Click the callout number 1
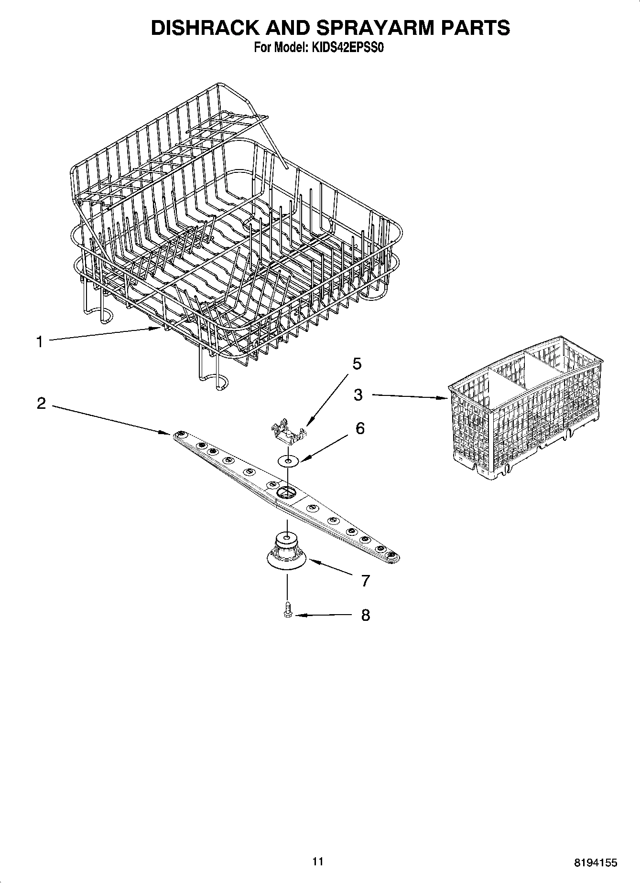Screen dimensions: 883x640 [x=40, y=341]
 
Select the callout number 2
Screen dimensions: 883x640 [x=42, y=404]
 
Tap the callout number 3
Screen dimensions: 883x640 [x=358, y=394]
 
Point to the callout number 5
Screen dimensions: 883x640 [x=357, y=364]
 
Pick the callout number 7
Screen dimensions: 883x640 [x=365, y=581]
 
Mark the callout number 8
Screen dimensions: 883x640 [x=365, y=615]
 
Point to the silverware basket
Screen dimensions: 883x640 [x=526, y=406]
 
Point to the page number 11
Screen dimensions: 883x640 [x=318, y=862]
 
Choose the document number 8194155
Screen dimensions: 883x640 [x=595, y=862]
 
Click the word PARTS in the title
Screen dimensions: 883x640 [x=475, y=28]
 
